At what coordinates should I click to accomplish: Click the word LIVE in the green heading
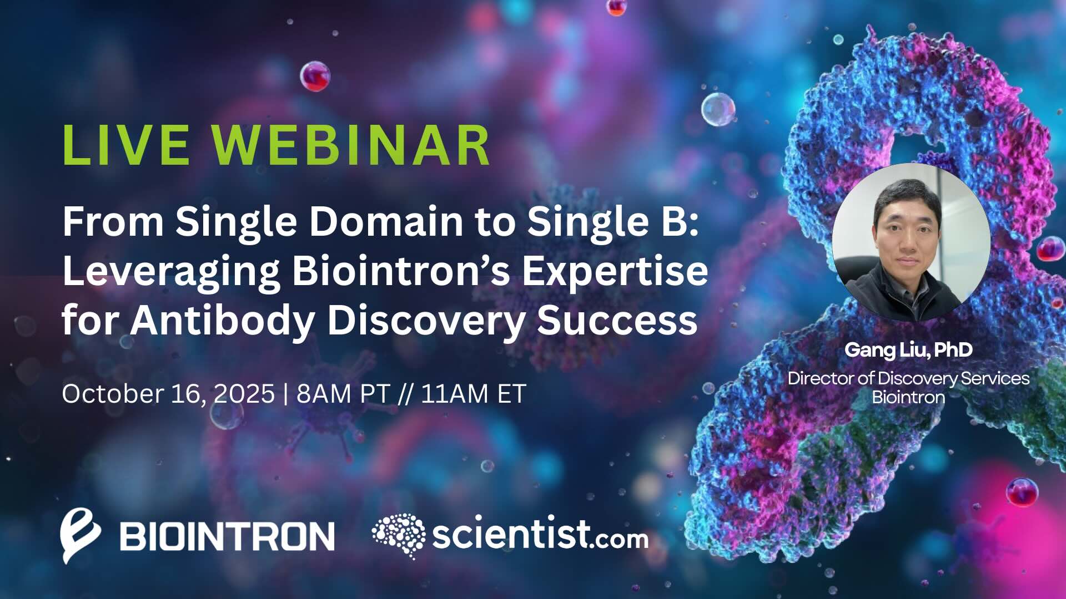coord(126,145)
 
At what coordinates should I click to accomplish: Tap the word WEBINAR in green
coord(351,145)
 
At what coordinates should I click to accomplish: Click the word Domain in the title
coord(386,222)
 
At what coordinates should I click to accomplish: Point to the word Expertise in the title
coord(615,272)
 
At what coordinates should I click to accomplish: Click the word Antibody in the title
coord(223,321)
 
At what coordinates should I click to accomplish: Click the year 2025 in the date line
coord(244,394)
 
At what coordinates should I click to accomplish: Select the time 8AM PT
coord(343,394)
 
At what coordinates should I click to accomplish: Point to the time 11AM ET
coord(473,394)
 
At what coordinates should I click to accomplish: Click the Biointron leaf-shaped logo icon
coord(80,536)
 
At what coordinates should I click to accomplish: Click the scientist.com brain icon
coord(398,535)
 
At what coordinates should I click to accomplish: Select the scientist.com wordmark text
coord(540,534)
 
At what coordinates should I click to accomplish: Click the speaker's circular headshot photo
coord(911,242)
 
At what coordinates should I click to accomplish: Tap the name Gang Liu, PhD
coord(908,350)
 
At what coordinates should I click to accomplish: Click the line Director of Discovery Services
coord(908,378)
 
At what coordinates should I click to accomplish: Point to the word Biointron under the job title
coord(908,397)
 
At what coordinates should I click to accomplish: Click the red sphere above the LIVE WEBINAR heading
coord(315,76)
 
